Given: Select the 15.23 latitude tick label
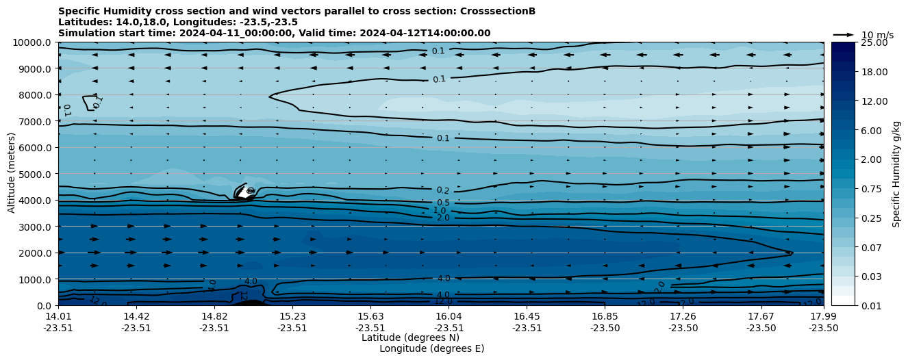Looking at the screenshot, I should point(292,316).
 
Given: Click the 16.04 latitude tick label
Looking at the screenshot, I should point(449,316).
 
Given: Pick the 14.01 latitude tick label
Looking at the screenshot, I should point(58,316).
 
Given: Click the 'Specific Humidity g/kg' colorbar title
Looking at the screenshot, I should point(896,174).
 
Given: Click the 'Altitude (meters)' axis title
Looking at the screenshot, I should point(12,174).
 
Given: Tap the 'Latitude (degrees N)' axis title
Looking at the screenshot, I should point(410,337).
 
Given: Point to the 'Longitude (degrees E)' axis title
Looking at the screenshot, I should point(431,348).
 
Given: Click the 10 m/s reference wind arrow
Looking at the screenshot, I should point(843,34).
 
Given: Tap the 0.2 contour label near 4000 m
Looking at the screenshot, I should point(443,191).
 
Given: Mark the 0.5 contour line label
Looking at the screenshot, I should point(443,203).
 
